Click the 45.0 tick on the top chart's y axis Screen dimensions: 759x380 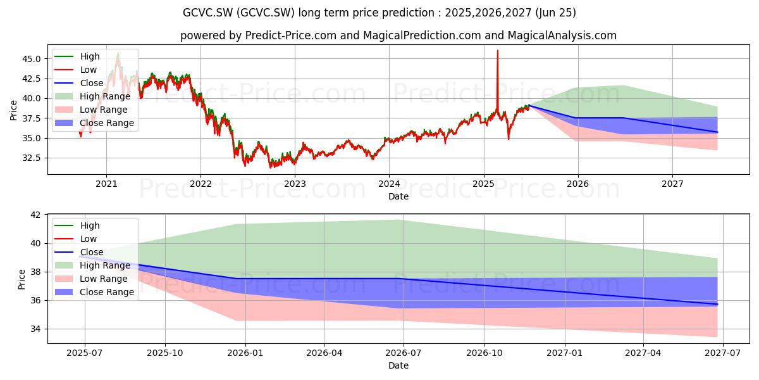(31, 59)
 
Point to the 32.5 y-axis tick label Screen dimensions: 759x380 (31, 158)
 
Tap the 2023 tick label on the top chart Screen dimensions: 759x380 (295, 184)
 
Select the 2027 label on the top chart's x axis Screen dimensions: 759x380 (672, 184)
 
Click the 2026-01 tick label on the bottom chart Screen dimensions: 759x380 (245, 353)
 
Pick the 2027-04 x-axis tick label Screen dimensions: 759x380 (643, 353)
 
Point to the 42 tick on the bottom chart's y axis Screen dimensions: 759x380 (35, 215)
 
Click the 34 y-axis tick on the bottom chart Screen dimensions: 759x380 (35, 329)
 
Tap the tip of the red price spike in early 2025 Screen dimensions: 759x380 (497, 51)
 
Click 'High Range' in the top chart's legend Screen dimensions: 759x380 (105, 96)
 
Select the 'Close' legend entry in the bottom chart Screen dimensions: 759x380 (92, 252)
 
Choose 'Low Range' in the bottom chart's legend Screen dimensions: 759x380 (104, 279)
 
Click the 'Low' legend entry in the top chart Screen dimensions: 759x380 (89, 70)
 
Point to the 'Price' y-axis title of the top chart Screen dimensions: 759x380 (13, 110)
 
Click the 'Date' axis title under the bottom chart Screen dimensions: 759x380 (398, 365)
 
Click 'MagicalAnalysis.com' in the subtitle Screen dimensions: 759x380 (562, 35)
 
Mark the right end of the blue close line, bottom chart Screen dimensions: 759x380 (717, 305)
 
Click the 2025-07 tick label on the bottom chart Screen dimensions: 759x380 (84, 353)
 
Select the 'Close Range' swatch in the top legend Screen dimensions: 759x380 (64, 123)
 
